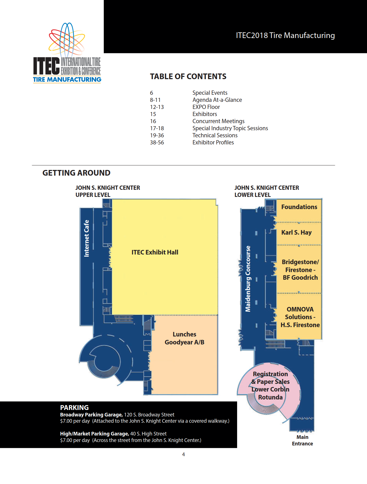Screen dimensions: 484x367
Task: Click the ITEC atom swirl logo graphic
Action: (67, 40)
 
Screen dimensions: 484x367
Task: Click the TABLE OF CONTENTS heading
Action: (188, 77)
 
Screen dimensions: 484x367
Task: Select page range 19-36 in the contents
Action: (157, 135)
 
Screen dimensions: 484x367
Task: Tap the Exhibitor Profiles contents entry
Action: (213, 142)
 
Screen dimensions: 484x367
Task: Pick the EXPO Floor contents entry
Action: (206, 107)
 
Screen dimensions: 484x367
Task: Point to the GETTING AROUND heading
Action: (76, 173)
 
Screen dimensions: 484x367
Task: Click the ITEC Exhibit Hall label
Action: (155, 252)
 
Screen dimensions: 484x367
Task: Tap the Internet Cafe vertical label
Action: (87, 238)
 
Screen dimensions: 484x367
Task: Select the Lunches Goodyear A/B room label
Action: (184, 338)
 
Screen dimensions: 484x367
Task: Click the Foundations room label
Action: (299, 207)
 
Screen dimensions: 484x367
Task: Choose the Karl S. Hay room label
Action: (296, 232)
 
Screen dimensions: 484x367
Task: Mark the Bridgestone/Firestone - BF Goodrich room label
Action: (300, 270)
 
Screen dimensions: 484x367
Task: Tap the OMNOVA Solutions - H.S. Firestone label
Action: (300, 317)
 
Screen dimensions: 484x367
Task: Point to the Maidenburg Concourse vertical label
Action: (248, 279)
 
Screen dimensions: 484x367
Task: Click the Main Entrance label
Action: (302, 440)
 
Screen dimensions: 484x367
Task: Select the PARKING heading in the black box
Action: (74, 407)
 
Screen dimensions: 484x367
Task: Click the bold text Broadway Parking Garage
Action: (91, 415)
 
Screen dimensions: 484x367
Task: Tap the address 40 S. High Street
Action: (148, 434)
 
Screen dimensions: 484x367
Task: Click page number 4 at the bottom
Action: (183, 454)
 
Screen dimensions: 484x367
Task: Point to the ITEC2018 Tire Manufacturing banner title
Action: (285, 35)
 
